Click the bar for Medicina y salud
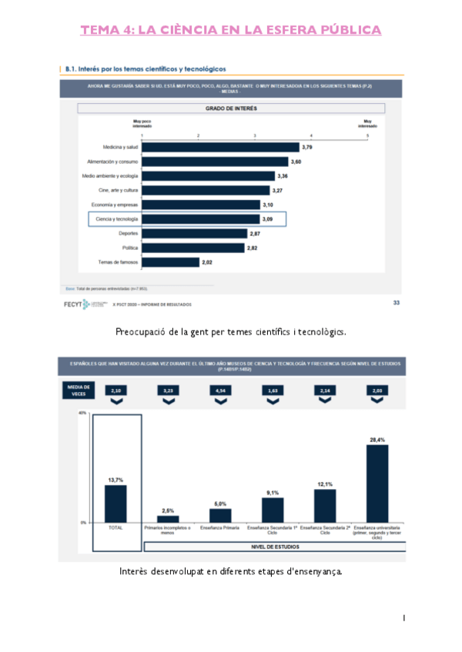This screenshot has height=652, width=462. tap(219, 147)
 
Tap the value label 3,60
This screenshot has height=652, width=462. tap(296, 161)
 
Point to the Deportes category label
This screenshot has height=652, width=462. tap(129, 233)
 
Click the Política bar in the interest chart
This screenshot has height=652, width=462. tap(192, 248)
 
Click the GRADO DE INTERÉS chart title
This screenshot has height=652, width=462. tap(231, 110)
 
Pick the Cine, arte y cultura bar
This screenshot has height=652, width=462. tap(206, 190)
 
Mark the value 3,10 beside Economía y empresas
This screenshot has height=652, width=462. tap(268, 205)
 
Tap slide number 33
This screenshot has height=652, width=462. tap(396, 303)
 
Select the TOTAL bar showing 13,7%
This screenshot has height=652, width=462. tap(115, 504)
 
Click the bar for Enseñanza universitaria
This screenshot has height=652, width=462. tap(377, 484)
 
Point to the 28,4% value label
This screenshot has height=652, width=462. tap(377, 440)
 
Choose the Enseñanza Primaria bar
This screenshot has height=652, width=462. tap(220, 515)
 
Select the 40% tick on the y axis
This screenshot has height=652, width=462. tap(82, 413)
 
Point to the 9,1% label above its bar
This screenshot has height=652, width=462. tap(273, 492)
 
